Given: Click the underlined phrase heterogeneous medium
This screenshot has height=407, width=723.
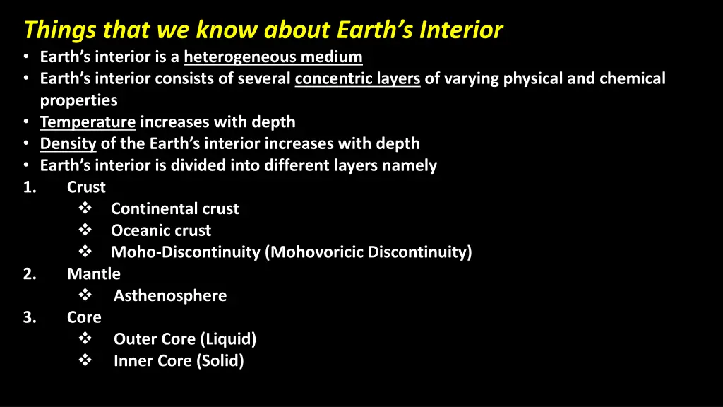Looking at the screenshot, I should tap(273, 57).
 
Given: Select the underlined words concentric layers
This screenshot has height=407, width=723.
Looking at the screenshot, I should tap(357, 78).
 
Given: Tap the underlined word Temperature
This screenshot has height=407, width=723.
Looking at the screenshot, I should tap(88, 122).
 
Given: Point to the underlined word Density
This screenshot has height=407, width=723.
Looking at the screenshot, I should tap(68, 144).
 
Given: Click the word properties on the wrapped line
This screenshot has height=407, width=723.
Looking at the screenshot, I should tap(78, 100).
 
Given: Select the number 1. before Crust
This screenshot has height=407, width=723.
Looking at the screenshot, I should tap(30, 187).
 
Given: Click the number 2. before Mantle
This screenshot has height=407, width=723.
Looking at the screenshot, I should tap(30, 274).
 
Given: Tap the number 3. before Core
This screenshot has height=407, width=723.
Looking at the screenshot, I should tap(30, 317).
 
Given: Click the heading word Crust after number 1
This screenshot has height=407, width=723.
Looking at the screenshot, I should tap(86, 187).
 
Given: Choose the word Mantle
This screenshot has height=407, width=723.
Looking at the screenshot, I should tap(94, 274).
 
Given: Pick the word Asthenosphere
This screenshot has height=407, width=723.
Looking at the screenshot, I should tap(170, 296).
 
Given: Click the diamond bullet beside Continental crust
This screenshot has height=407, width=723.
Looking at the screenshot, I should tap(85, 208).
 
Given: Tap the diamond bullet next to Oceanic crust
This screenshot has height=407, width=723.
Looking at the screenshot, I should tap(85, 230).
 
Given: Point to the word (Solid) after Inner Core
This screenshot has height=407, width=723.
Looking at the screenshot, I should tap(221, 361).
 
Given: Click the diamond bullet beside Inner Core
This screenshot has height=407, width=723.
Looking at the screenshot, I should tap(85, 360).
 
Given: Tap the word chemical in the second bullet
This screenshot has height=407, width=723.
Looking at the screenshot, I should tap(632, 78).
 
